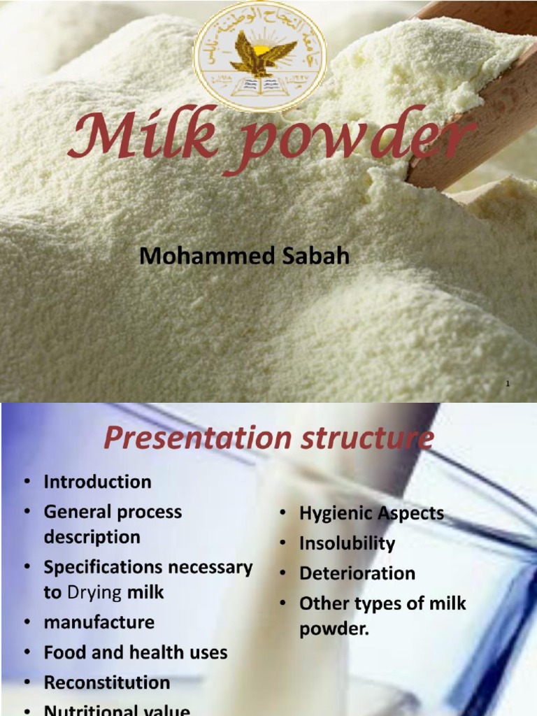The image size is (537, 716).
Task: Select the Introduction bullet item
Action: (x=97, y=482)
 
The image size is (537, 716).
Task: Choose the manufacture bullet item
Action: (x=99, y=622)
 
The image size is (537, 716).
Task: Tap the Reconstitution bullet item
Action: (x=106, y=682)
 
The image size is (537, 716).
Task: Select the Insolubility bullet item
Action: (x=347, y=543)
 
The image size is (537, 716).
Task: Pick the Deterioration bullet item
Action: (x=357, y=573)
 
